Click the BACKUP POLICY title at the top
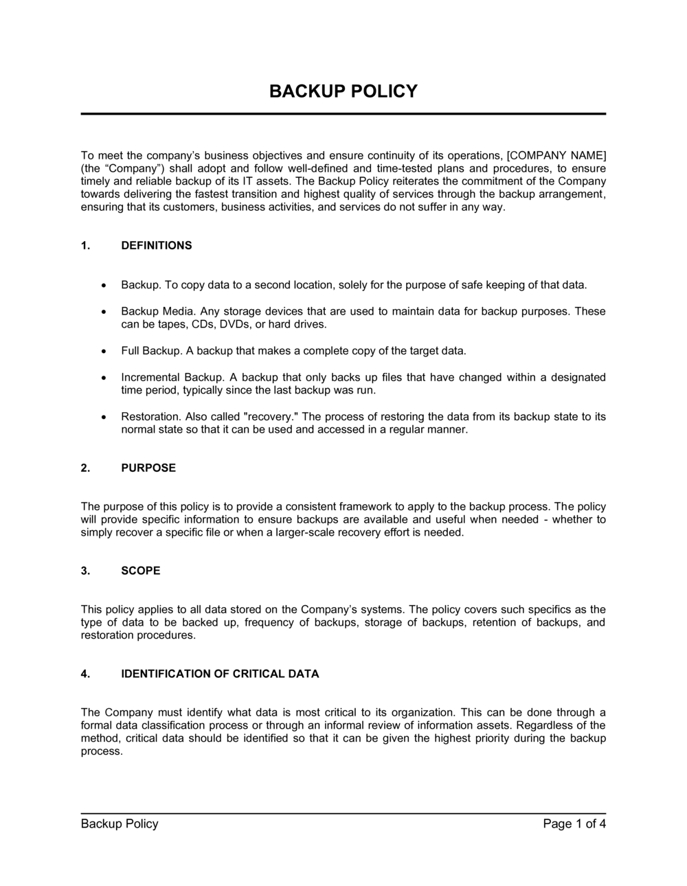click(343, 91)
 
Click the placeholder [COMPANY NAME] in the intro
click(556, 155)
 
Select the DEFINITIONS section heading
click(157, 245)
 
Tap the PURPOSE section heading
click(148, 468)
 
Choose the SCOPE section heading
click(141, 570)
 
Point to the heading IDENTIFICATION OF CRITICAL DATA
click(220, 674)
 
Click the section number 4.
click(85, 674)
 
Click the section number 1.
click(85, 245)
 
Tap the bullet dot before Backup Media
click(103, 312)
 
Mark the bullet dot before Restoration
click(103, 417)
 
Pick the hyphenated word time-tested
click(402, 168)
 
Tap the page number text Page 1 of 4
click(574, 823)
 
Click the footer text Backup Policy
click(120, 823)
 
